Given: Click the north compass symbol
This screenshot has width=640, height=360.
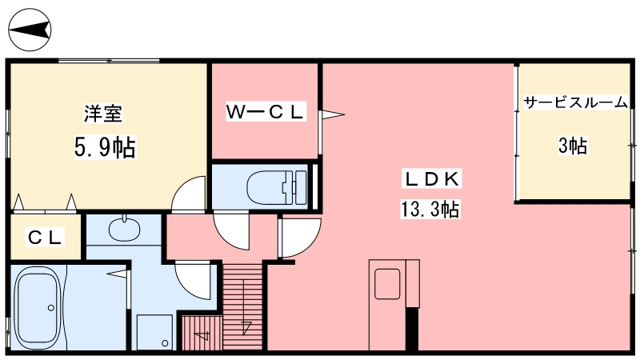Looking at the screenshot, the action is (x=30, y=30).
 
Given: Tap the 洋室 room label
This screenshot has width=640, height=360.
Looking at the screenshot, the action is (x=103, y=114).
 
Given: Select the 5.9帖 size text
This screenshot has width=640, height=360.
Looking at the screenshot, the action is (x=105, y=147).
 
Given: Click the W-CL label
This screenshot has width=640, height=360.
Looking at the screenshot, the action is (x=266, y=112).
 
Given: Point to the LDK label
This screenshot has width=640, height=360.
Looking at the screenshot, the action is (x=432, y=179).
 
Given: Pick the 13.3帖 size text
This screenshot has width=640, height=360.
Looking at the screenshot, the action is (x=430, y=210).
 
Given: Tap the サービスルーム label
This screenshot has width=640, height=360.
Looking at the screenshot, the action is (x=575, y=102).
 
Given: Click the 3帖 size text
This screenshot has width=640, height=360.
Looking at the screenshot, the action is (x=573, y=146).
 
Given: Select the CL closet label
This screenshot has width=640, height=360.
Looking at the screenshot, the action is (x=45, y=237).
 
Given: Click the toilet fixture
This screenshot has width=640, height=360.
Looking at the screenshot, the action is (x=277, y=187).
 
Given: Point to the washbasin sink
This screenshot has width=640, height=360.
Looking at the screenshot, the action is (x=124, y=228).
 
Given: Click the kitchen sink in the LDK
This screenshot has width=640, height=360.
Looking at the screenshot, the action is (x=387, y=284).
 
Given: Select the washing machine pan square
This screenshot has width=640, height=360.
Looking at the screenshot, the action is (x=154, y=332).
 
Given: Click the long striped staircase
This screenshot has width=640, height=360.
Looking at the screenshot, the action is (x=243, y=306).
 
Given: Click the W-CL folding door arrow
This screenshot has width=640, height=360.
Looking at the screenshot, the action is (x=332, y=114).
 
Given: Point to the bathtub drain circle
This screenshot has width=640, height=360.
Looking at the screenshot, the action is (x=51, y=308).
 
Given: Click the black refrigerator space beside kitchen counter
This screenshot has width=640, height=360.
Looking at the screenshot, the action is (x=412, y=329).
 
